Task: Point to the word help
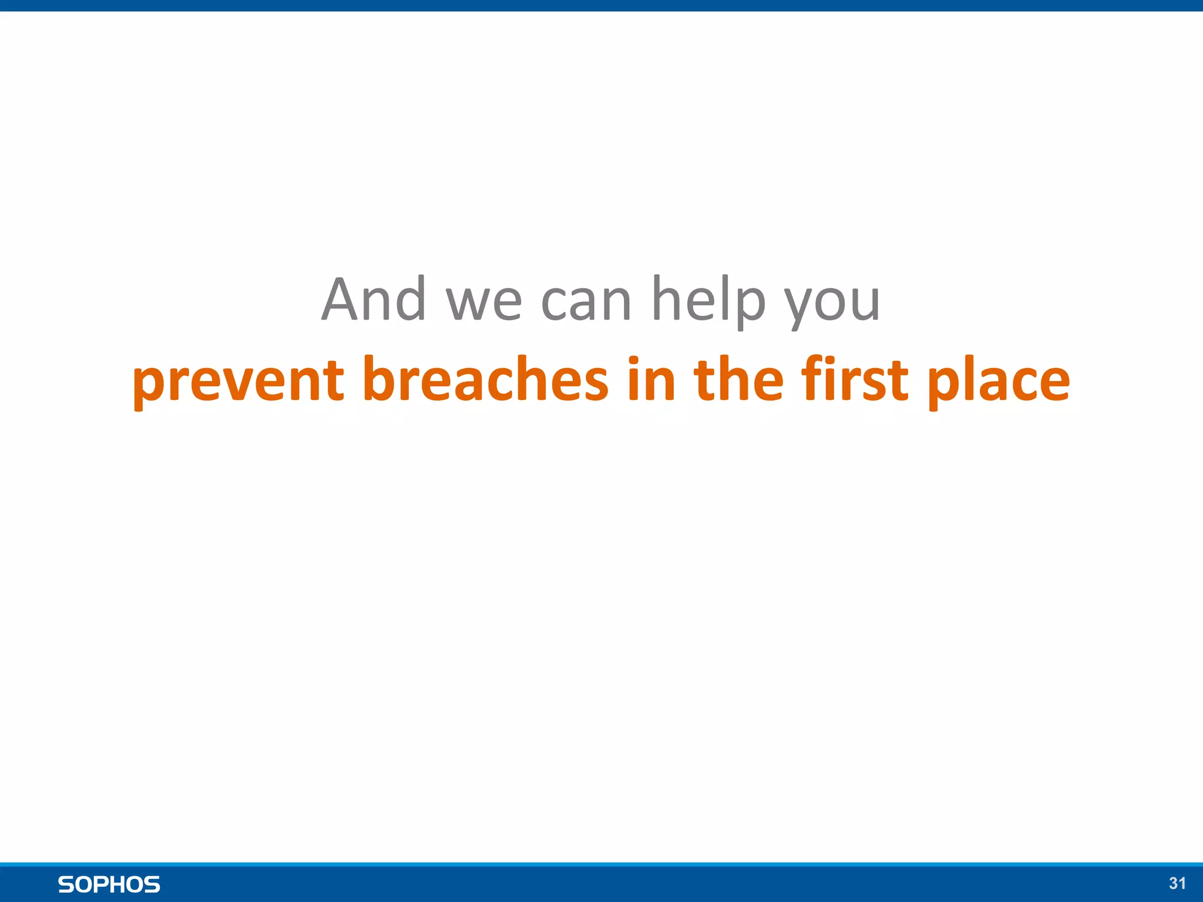(709, 301)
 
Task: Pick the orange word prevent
(238, 381)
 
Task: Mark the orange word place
(999, 381)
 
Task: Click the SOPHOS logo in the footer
(109, 884)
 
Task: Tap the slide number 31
(1177, 883)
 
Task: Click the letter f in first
(817, 378)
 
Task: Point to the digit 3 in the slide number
(1173, 883)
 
